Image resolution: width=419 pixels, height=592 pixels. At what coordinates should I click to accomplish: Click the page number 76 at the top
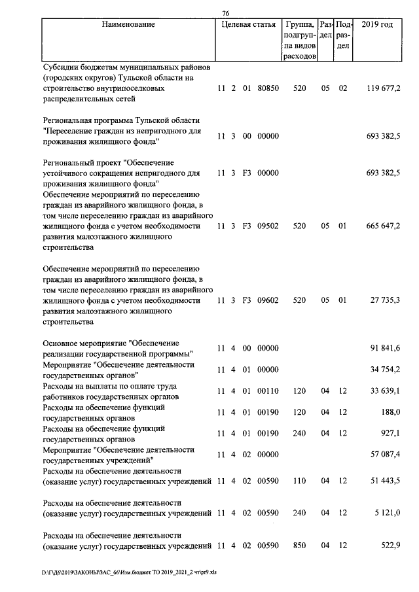coord(225,13)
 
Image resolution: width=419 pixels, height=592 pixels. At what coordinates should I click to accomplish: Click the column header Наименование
coord(128,25)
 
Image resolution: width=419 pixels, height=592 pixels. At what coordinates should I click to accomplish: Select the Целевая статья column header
coord(248,25)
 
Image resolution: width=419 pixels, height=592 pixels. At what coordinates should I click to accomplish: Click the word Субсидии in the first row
coord(62,67)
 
